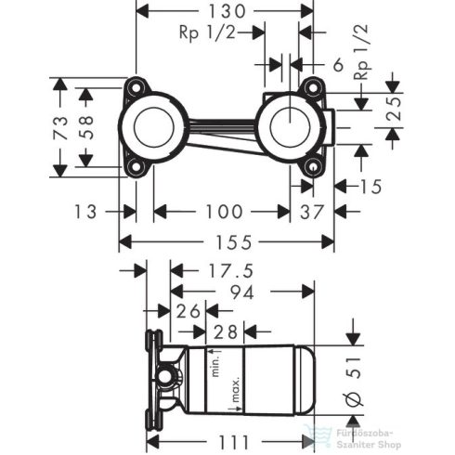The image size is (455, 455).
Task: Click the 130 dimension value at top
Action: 227,12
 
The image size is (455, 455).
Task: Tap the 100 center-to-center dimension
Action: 223,211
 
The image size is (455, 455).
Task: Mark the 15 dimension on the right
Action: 370,187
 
